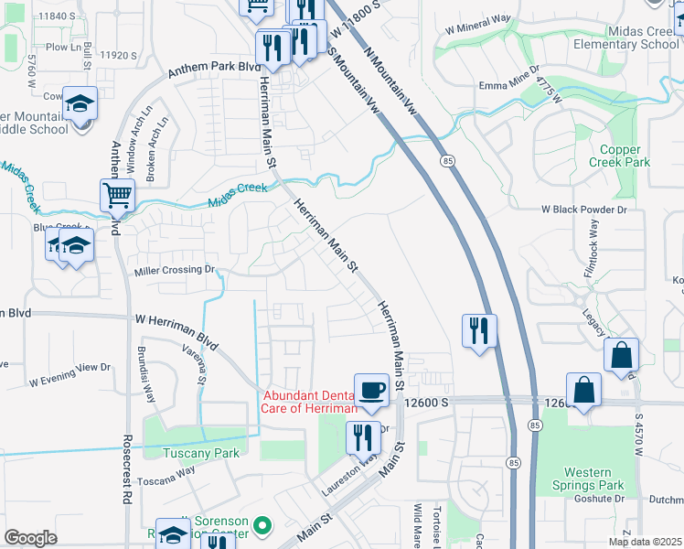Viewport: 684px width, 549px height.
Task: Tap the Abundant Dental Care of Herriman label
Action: point(310,402)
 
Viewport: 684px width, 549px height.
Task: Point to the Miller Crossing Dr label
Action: point(174,270)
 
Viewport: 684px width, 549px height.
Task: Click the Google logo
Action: point(30,538)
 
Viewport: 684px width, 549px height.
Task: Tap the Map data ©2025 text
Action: point(644,542)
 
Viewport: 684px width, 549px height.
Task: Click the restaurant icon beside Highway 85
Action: point(478,331)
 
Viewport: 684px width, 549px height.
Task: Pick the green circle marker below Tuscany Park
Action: point(262,525)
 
